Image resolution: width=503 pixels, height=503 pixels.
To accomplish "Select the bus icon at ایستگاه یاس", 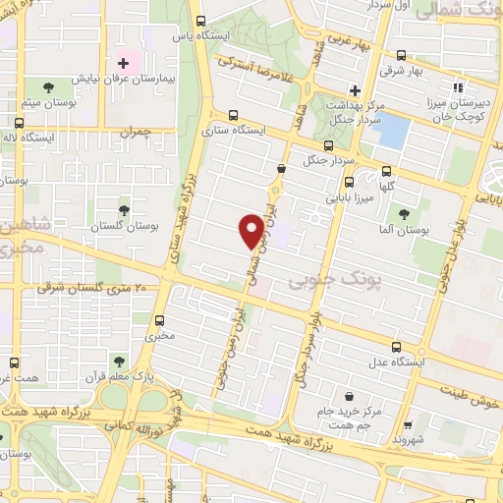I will [200, 22].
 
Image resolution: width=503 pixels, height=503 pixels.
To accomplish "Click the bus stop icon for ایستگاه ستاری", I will [232, 115].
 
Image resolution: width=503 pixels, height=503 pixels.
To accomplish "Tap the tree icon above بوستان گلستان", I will [124, 209].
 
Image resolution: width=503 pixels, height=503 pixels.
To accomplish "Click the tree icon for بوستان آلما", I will [404, 215].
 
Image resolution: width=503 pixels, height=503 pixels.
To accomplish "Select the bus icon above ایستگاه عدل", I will [396, 348].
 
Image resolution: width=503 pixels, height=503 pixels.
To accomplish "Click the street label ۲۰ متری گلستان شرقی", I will [91, 288].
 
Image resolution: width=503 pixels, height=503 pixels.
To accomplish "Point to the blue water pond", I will [391, 131].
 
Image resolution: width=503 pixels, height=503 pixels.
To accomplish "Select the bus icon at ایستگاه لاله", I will [19, 124].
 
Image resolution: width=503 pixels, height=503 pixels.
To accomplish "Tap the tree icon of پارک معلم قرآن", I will [118, 362].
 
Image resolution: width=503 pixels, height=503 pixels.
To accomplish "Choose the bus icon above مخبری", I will [161, 320].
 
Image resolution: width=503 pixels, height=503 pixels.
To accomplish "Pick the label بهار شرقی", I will [430, 71].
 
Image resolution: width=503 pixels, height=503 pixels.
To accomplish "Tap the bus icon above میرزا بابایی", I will [349, 182].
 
